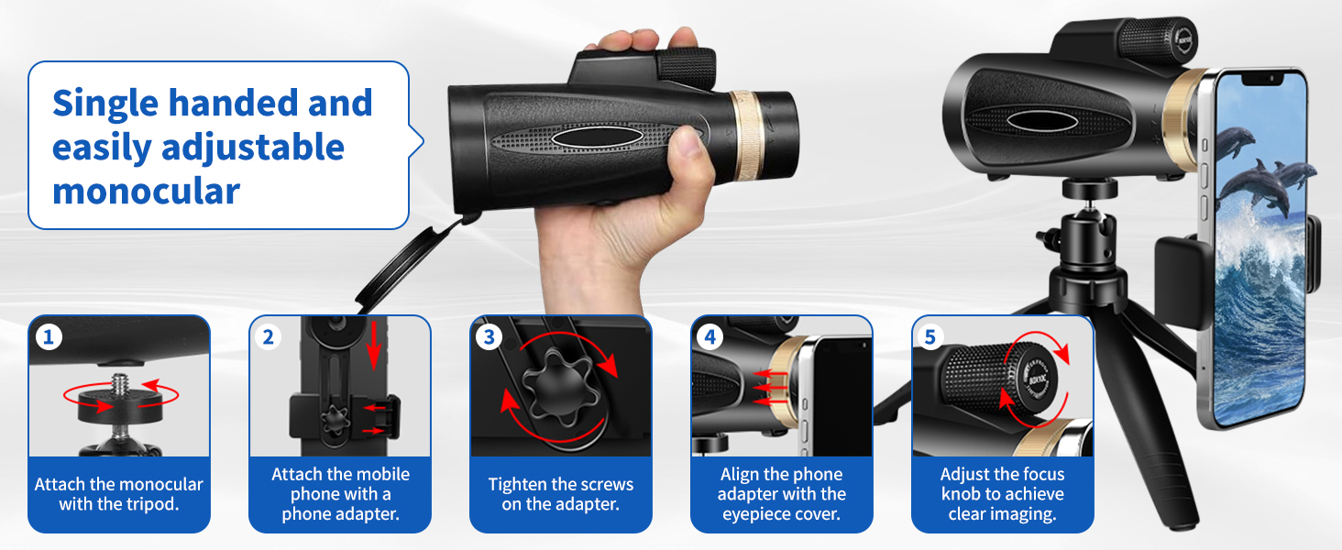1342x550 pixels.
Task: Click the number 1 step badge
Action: (x=49, y=337)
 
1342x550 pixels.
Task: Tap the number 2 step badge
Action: (x=269, y=337)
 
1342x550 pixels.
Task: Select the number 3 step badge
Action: (x=489, y=337)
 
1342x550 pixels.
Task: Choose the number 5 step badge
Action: (x=930, y=337)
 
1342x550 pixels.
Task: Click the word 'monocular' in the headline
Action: (x=146, y=191)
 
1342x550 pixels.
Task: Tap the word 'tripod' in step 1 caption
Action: (x=152, y=504)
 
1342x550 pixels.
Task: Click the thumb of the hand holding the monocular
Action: (x=682, y=145)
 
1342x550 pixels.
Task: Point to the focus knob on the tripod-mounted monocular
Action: (x=1151, y=38)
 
